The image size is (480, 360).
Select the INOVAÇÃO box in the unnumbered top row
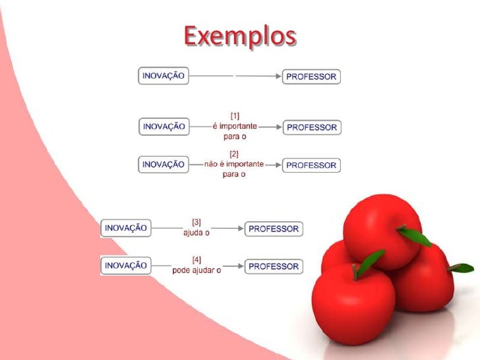pos(163,76)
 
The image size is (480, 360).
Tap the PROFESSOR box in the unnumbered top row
pos(311,76)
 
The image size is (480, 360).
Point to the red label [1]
pos(235,115)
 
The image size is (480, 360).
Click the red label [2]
pos(234,153)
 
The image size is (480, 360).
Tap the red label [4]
pos(196,258)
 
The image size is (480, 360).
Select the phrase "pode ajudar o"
pos(196,269)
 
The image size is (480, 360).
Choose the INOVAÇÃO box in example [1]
pos(164,127)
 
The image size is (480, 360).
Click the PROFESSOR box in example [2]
pos(311,165)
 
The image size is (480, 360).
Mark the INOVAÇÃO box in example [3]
pos(125,228)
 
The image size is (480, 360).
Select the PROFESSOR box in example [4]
pos(274,267)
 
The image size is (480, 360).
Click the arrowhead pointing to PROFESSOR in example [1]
pos(278,127)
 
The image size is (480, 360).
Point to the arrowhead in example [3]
pos(240,229)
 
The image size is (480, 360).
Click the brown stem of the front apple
pos(357,270)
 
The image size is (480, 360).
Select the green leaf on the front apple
pos(371,260)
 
